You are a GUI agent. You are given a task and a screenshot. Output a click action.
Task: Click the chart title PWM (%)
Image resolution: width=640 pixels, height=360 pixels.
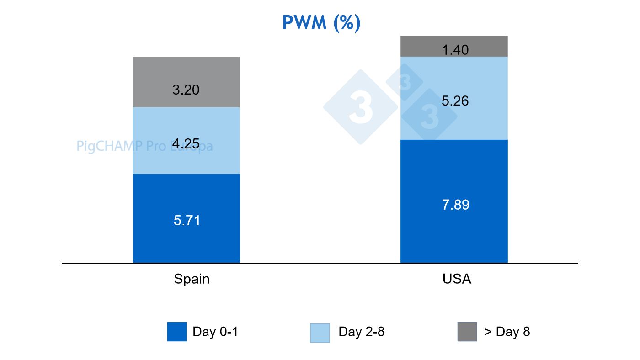coord(321,23)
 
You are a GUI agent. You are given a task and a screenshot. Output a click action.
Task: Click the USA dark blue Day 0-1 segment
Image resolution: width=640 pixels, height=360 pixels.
coord(454,228)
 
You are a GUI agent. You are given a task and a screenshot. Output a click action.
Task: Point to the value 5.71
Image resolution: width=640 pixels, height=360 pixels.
coord(187,221)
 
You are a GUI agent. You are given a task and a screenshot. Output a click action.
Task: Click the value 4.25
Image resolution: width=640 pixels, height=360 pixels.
coord(186,144)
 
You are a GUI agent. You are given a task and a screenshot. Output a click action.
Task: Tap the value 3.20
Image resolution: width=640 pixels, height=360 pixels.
coord(186,90)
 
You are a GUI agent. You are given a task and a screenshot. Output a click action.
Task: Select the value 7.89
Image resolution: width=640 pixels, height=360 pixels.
coord(455,205)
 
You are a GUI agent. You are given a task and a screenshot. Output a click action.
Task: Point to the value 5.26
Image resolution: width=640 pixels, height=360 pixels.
coord(455,101)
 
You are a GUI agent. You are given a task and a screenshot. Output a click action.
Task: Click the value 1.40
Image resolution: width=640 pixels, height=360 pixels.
coord(455,50)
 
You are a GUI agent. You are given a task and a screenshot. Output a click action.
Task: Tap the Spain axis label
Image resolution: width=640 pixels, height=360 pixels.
coord(192,279)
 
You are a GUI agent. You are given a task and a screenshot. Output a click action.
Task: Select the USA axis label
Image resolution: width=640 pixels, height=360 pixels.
coord(457,279)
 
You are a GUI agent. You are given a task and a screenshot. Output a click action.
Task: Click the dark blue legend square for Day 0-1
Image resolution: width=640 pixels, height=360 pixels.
coord(177,332)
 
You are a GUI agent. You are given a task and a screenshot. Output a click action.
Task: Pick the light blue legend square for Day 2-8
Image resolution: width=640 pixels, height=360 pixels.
coord(320,333)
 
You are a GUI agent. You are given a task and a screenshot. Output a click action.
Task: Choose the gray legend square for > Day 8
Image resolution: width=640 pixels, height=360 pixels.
coord(467,332)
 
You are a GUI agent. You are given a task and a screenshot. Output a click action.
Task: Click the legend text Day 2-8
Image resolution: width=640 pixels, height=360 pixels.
coord(361,332)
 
